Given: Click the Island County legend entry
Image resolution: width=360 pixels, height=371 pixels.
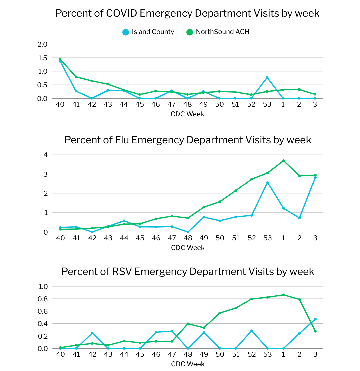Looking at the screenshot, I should pyautogui.click(x=148, y=32).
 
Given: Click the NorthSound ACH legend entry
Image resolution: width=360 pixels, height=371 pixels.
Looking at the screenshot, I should pyautogui.click(x=218, y=32).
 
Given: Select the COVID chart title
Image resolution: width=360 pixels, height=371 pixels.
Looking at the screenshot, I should pyautogui.click(x=187, y=13).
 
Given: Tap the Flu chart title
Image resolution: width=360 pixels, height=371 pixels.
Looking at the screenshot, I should pyautogui.click(x=188, y=140).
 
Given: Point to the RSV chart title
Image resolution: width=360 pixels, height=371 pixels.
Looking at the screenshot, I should pyautogui.click(x=188, y=271).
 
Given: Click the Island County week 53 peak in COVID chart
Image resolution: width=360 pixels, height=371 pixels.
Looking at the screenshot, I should pyautogui.click(x=267, y=77).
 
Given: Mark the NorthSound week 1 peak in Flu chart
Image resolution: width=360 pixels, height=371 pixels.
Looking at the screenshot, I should pyautogui.click(x=283, y=161).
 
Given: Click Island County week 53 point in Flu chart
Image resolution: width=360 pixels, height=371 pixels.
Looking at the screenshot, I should pyautogui.click(x=267, y=183).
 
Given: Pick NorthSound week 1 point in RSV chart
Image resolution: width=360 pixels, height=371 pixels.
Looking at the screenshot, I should pyautogui.click(x=283, y=295).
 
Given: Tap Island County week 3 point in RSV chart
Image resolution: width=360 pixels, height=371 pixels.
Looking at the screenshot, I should pyautogui.click(x=315, y=319).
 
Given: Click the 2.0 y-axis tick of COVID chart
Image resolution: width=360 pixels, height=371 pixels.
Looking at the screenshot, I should pyautogui.click(x=43, y=44).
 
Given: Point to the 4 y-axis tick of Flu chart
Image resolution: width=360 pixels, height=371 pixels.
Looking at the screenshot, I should pyautogui.click(x=46, y=155).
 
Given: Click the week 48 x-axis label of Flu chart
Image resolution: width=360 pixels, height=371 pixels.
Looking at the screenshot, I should pyautogui.click(x=188, y=238).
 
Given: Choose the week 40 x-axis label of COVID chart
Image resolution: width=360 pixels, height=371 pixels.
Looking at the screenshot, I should pyautogui.click(x=60, y=104).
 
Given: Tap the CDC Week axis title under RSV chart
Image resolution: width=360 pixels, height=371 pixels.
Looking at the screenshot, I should pyautogui.click(x=188, y=364).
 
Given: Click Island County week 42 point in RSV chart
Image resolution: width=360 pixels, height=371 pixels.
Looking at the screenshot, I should pyautogui.click(x=92, y=333).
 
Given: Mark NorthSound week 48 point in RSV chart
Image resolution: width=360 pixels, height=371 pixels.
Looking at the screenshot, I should pyautogui.click(x=188, y=324).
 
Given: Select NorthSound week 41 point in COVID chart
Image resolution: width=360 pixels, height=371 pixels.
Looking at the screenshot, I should pyautogui.click(x=76, y=77).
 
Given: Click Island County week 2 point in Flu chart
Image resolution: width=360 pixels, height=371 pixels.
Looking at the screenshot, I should pyautogui.click(x=299, y=218).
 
